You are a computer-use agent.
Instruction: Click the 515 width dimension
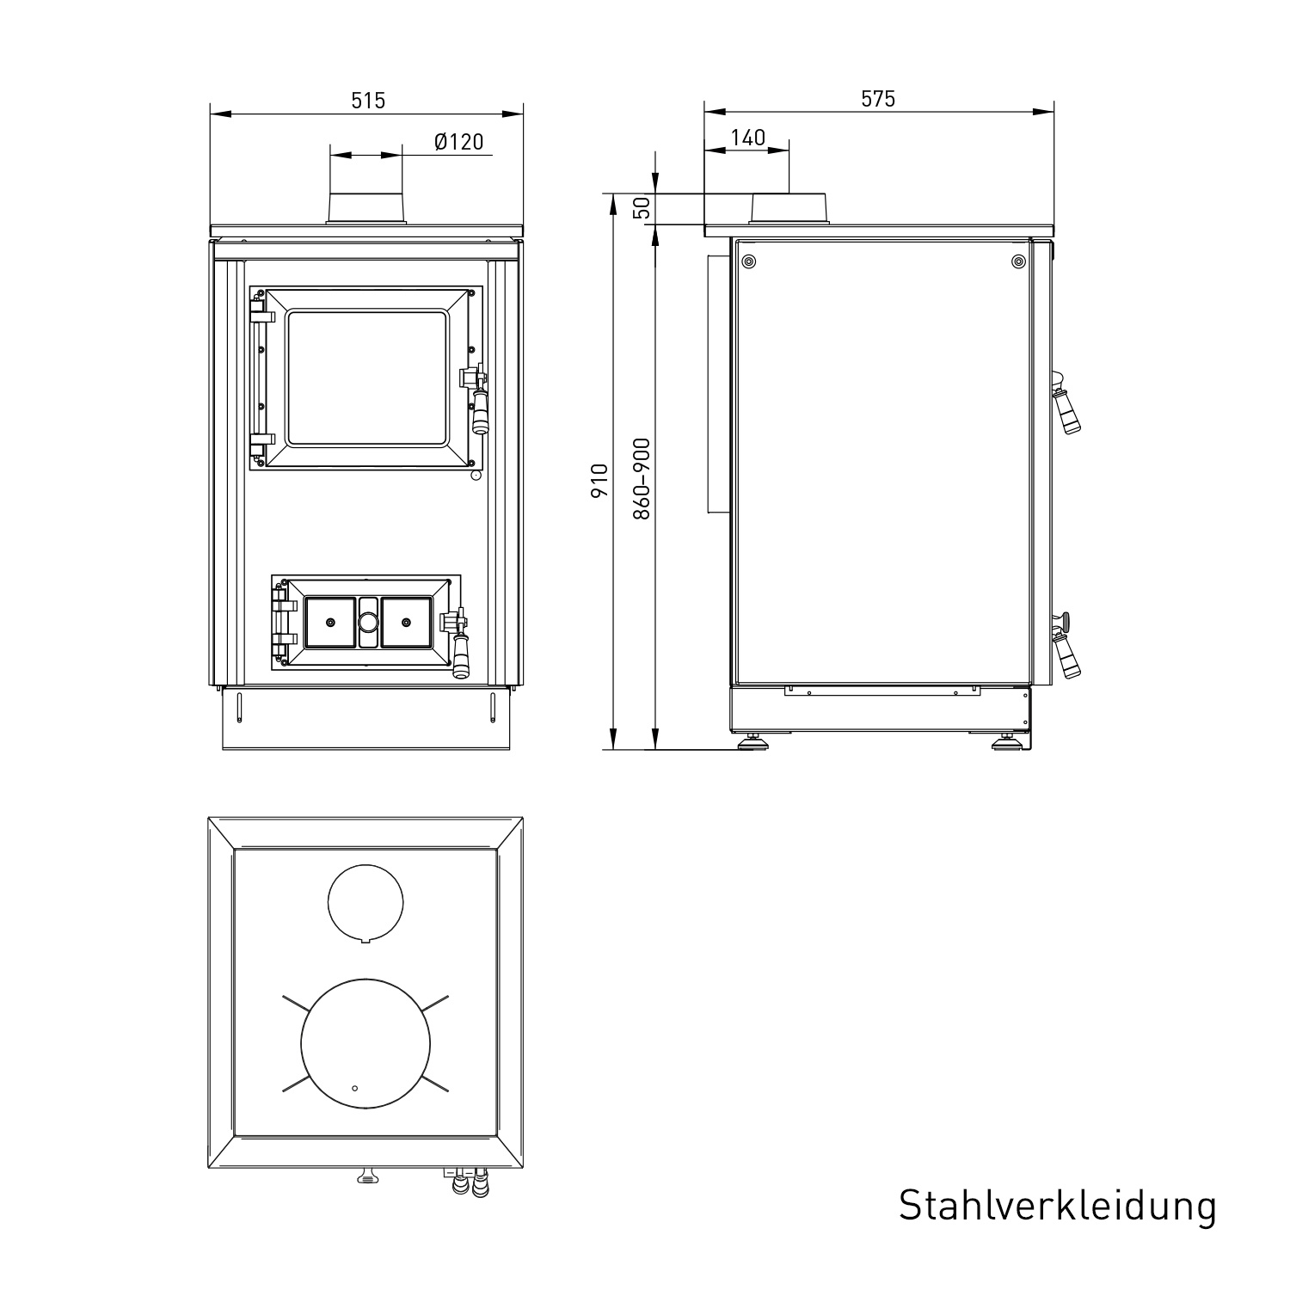[368, 101]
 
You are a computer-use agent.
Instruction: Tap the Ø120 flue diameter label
[459, 142]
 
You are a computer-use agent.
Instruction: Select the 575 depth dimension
[878, 99]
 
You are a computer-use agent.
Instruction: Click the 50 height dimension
[642, 208]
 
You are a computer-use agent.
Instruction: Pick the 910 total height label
[600, 480]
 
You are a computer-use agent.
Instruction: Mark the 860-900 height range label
[642, 479]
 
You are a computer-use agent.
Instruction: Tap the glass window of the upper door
[368, 379]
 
